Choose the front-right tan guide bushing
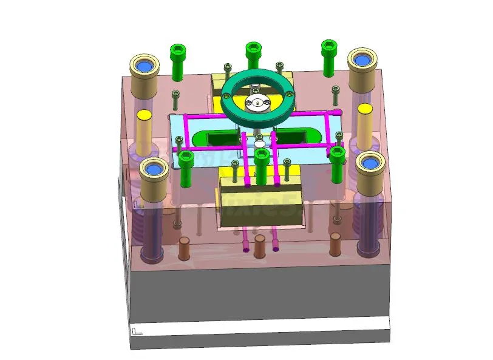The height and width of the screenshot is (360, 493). (370, 170)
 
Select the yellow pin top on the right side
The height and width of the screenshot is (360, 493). (364, 109)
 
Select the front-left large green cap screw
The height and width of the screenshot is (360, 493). (186, 160)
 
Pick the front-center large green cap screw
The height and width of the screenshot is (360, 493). (262, 158)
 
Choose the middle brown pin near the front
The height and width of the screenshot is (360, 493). (260, 245)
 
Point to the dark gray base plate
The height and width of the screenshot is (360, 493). (261, 291)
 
